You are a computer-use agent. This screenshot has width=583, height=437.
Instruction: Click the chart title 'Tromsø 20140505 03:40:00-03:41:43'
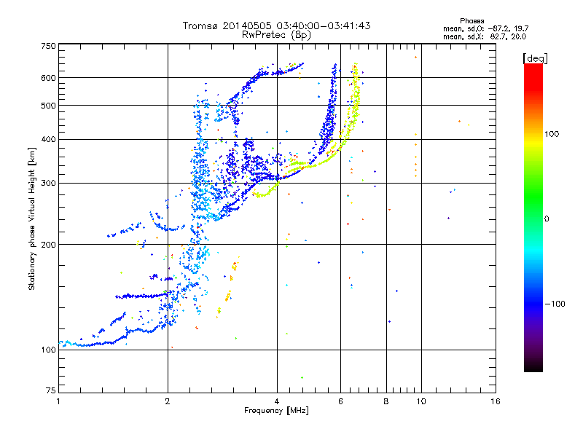[276, 25]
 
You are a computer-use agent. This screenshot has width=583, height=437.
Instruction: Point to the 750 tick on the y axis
[48, 45]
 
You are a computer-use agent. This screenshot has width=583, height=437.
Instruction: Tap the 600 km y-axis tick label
[48, 78]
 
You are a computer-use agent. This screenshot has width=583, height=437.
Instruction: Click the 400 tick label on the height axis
[48, 139]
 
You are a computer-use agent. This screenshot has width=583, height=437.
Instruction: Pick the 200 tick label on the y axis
[48, 244]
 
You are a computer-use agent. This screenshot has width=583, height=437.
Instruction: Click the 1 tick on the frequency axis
[58, 401]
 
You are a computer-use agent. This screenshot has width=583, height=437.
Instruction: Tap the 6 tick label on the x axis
[341, 401]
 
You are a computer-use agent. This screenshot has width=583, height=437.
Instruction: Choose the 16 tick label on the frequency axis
[496, 401]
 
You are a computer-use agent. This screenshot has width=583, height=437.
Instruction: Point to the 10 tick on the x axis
[420, 401]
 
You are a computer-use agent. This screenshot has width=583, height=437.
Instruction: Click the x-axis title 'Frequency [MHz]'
[276, 411]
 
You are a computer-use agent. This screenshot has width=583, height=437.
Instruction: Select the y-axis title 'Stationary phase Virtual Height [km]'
[32, 219]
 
